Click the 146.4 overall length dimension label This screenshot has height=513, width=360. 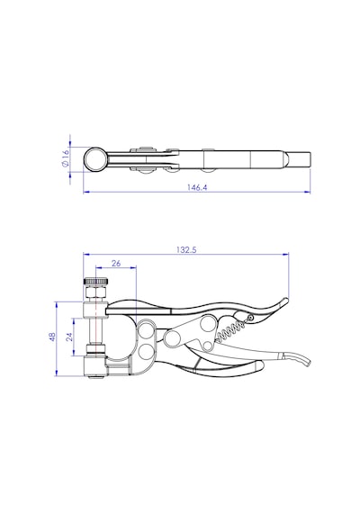[x=197, y=187]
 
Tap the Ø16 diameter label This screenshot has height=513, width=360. [x=66, y=157]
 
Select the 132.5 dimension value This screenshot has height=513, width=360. [x=186, y=250]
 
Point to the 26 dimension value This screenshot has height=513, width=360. [x=116, y=263]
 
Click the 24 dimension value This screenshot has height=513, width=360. [x=69, y=337]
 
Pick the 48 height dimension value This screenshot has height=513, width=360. [x=52, y=337]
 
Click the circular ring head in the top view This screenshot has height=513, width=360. [x=94, y=159]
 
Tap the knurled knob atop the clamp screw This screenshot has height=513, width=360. [x=96, y=281]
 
